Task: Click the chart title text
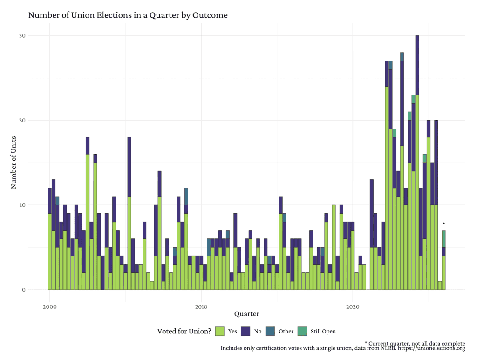(128, 15)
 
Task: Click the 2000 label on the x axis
(49, 307)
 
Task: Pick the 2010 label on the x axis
(201, 307)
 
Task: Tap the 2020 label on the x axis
(353, 307)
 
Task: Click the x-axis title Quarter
(247, 314)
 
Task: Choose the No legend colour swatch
(245, 332)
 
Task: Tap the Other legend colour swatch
(270, 332)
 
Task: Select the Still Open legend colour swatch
(302, 332)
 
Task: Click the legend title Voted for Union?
(184, 332)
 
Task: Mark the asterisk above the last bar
(443, 224)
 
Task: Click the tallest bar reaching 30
(417, 140)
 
